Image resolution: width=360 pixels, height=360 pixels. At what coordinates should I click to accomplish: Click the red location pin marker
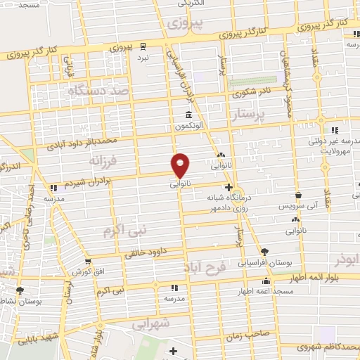click(x=181, y=165)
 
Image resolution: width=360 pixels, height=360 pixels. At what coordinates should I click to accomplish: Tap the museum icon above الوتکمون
click(x=188, y=116)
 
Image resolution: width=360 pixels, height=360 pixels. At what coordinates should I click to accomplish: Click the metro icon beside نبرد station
click(x=143, y=46)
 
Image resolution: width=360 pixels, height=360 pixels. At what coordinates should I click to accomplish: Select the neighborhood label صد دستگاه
click(x=99, y=91)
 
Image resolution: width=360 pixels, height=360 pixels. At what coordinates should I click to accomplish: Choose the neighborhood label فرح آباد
click(x=207, y=268)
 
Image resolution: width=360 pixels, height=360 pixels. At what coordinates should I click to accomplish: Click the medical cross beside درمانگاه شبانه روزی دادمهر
click(x=229, y=187)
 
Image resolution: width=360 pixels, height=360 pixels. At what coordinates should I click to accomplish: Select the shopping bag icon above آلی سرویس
click(x=299, y=195)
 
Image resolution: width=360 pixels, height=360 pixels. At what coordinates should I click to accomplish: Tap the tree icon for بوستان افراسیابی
click(x=264, y=251)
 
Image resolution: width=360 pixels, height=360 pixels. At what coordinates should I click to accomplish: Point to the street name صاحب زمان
click(x=247, y=337)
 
